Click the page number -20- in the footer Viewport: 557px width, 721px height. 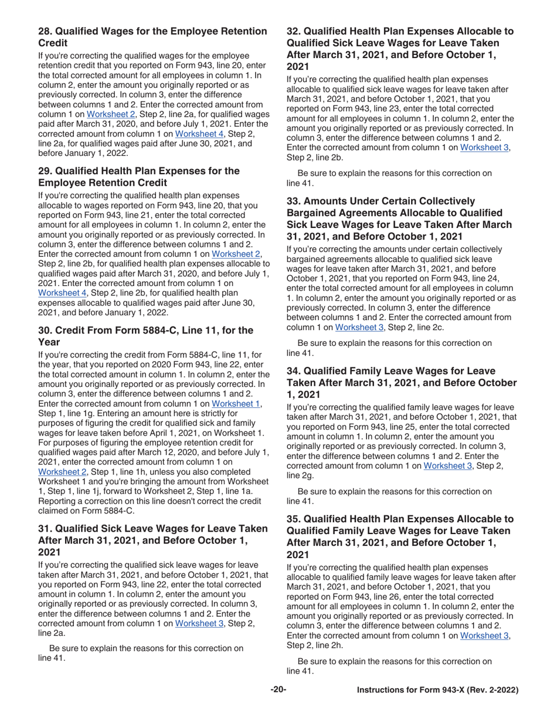coord(278,691)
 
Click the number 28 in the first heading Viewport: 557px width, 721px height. coord(46,30)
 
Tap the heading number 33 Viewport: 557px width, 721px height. coord(294,201)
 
